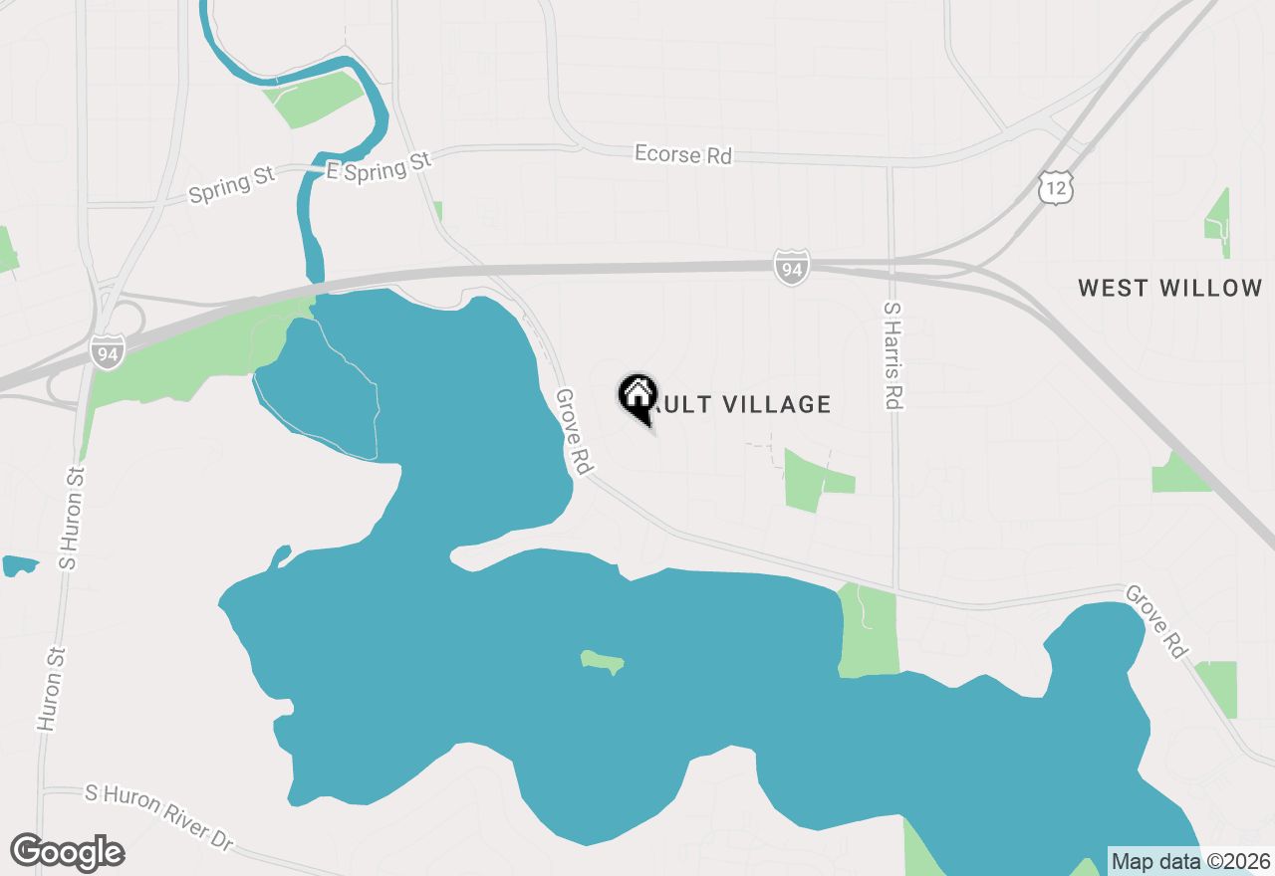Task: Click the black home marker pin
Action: coord(637,395)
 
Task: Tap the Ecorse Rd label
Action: coord(683,155)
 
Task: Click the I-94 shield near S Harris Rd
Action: coord(791,267)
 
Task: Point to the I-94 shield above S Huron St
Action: coord(106,352)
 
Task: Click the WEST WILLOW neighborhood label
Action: coord(1170,289)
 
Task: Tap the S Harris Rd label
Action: coord(892,356)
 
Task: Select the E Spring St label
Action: coord(379,167)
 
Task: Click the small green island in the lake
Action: coord(603,661)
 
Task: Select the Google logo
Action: coord(67,853)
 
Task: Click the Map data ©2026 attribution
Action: coord(1190,861)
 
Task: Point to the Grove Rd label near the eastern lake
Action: coord(1157,621)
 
